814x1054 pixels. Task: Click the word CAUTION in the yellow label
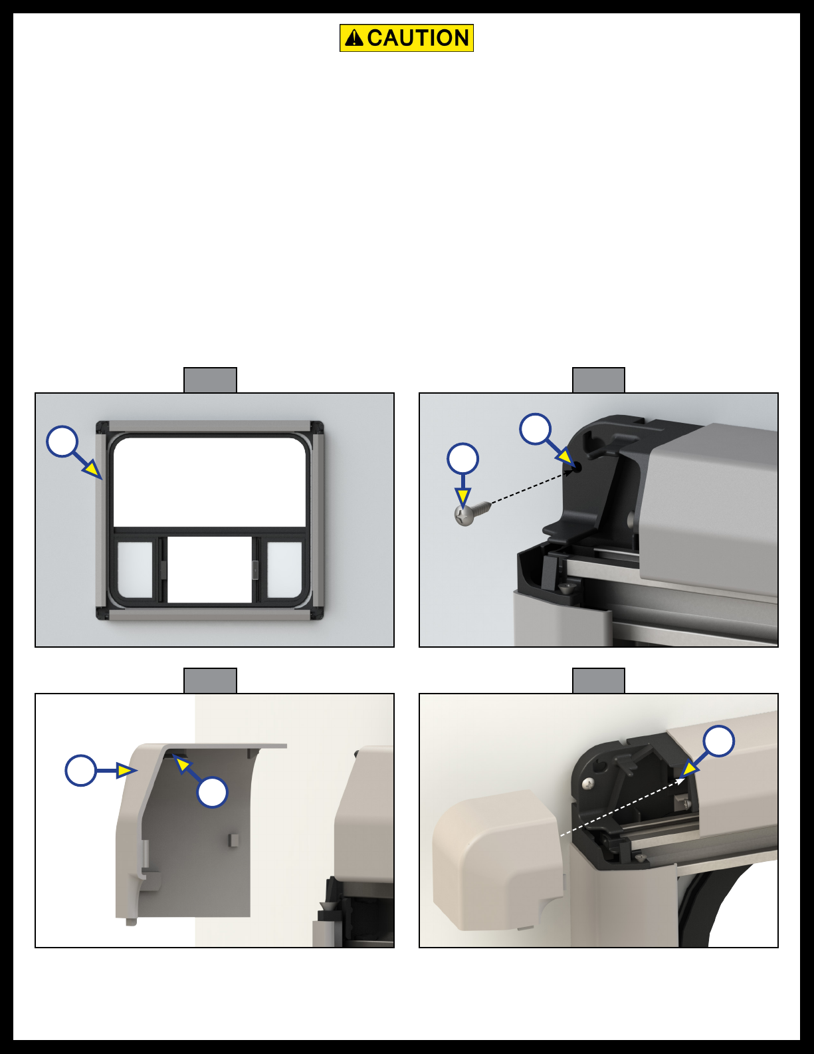(x=418, y=38)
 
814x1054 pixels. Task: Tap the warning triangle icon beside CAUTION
(x=354, y=38)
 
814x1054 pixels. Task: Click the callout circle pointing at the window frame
(x=62, y=442)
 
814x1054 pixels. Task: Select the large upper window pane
(x=209, y=482)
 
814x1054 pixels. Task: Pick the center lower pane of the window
(x=210, y=569)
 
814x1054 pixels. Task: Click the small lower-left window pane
(x=135, y=570)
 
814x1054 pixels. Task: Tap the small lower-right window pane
(x=284, y=570)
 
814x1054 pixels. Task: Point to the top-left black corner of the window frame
(x=102, y=428)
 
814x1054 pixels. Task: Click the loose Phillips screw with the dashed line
(x=473, y=513)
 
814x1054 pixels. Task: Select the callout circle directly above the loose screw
(x=462, y=459)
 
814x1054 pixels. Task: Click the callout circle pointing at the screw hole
(x=535, y=430)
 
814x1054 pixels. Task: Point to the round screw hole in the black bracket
(x=577, y=467)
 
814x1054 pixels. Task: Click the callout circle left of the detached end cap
(x=81, y=770)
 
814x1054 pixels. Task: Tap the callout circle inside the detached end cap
(x=212, y=792)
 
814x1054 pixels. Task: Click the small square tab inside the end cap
(x=233, y=841)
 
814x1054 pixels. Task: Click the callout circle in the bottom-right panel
(x=718, y=741)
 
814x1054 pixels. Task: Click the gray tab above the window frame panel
(x=210, y=380)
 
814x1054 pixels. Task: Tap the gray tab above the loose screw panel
(x=599, y=380)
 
